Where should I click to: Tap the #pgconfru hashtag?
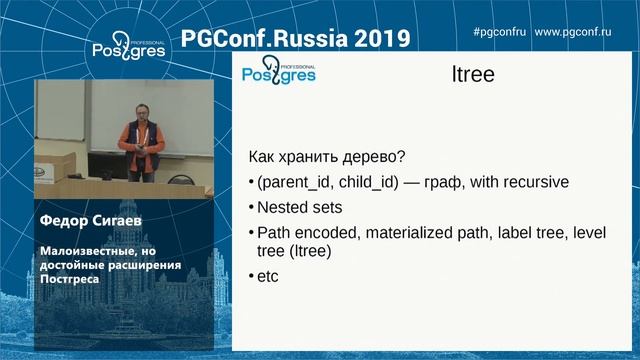(498, 33)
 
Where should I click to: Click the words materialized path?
(418, 232)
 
